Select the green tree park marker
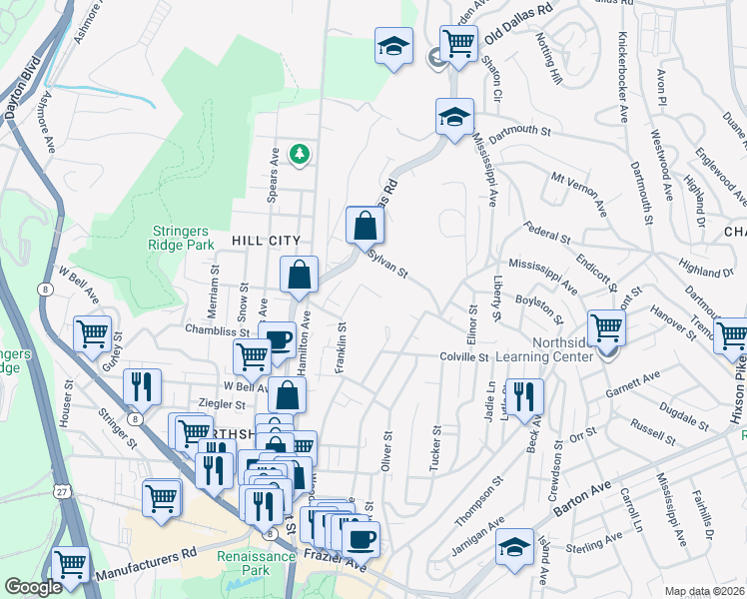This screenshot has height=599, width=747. coord(298,153)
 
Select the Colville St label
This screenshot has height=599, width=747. coord(462,356)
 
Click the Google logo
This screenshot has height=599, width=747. coord(34,587)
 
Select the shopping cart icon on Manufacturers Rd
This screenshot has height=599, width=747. coord(71,565)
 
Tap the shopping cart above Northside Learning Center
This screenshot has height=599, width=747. coord(606,325)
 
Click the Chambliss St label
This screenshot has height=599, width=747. coord(213,328)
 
